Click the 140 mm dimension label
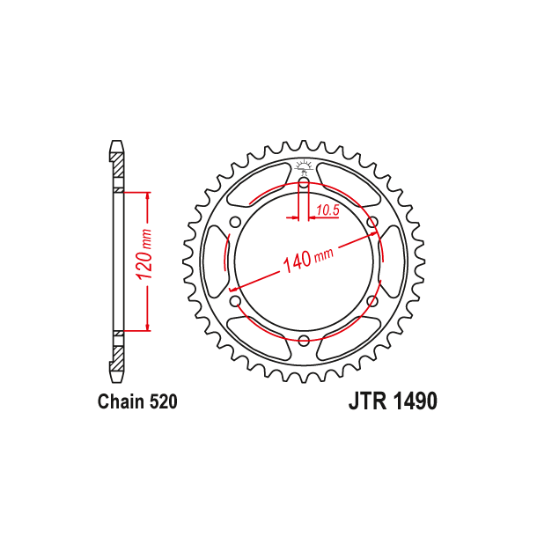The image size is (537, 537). point(308,261)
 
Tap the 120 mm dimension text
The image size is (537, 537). point(143,254)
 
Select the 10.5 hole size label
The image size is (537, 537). point(327,210)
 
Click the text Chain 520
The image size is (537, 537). point(137,401)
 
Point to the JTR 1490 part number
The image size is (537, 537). point(393,401)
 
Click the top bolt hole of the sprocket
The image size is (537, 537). point(304,183)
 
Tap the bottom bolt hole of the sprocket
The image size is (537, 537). point(304,341)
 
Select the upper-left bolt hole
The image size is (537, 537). point(235,222)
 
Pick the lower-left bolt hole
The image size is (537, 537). point(235,301)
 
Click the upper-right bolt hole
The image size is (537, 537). point(371,222)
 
